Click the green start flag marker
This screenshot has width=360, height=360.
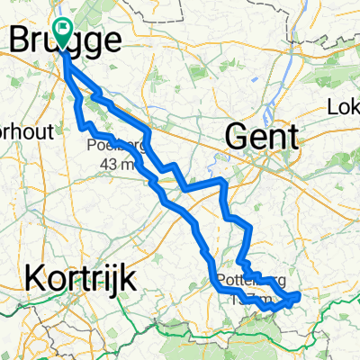pos(63,30)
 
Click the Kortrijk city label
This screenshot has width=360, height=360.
pos(80,278)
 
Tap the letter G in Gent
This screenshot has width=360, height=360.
pos(237,137)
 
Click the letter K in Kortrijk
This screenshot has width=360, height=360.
pos(34,278)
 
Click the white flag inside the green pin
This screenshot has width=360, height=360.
pos(63,26)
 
